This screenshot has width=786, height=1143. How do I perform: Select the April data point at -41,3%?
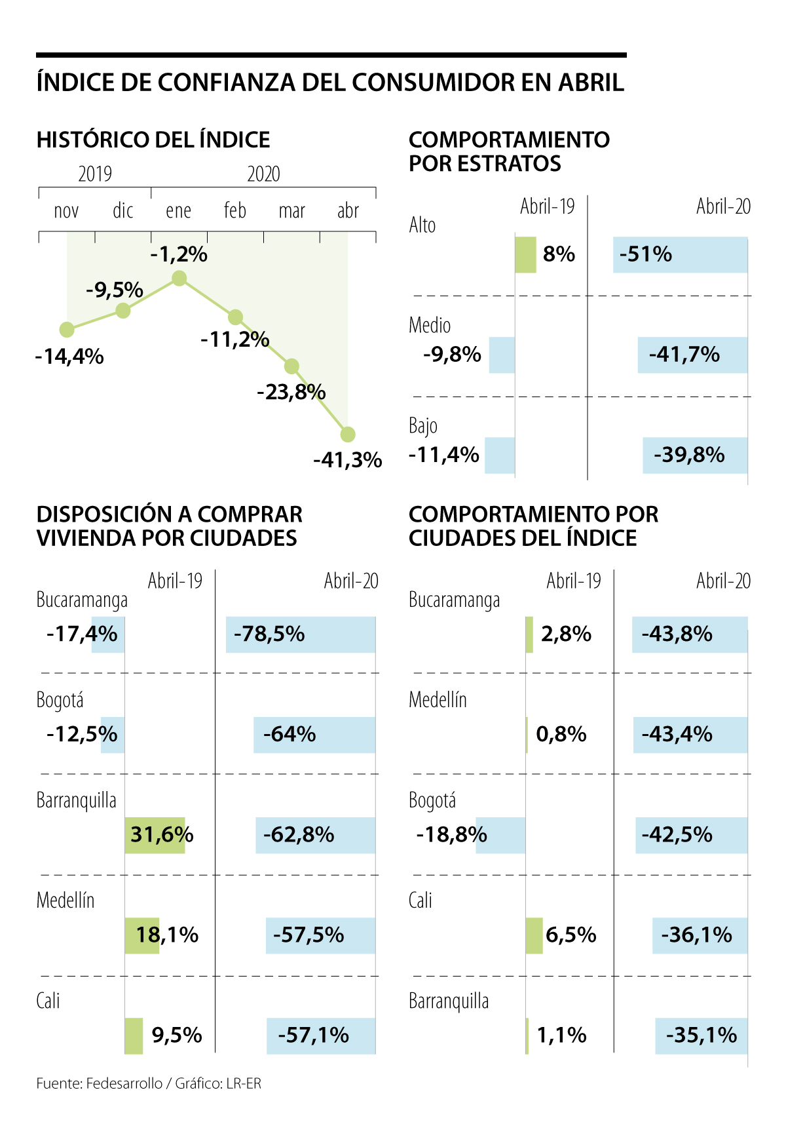348,434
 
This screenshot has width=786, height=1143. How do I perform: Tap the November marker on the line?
67,329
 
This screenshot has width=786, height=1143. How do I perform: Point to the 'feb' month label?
235,210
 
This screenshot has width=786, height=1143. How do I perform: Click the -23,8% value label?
291,392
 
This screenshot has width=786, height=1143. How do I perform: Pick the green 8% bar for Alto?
525,254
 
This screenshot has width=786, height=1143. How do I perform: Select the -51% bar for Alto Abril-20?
680,254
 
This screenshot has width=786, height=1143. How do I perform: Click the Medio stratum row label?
430,325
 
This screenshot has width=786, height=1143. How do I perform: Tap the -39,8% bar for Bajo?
695,455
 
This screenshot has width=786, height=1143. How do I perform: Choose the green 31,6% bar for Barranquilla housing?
155,835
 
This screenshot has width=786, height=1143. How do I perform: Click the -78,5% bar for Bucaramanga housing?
301,634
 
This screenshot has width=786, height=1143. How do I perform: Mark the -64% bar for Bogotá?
314,735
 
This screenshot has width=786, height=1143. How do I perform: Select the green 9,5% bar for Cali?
134,1036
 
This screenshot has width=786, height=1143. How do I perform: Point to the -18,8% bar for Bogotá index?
500,835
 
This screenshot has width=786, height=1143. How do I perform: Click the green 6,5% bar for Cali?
534,935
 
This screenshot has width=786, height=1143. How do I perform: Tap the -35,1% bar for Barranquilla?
701,1036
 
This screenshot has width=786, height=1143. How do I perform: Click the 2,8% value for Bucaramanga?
566,634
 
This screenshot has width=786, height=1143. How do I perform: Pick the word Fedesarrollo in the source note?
124,1083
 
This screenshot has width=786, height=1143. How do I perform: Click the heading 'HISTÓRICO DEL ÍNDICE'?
153,140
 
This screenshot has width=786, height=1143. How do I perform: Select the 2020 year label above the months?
263,174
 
